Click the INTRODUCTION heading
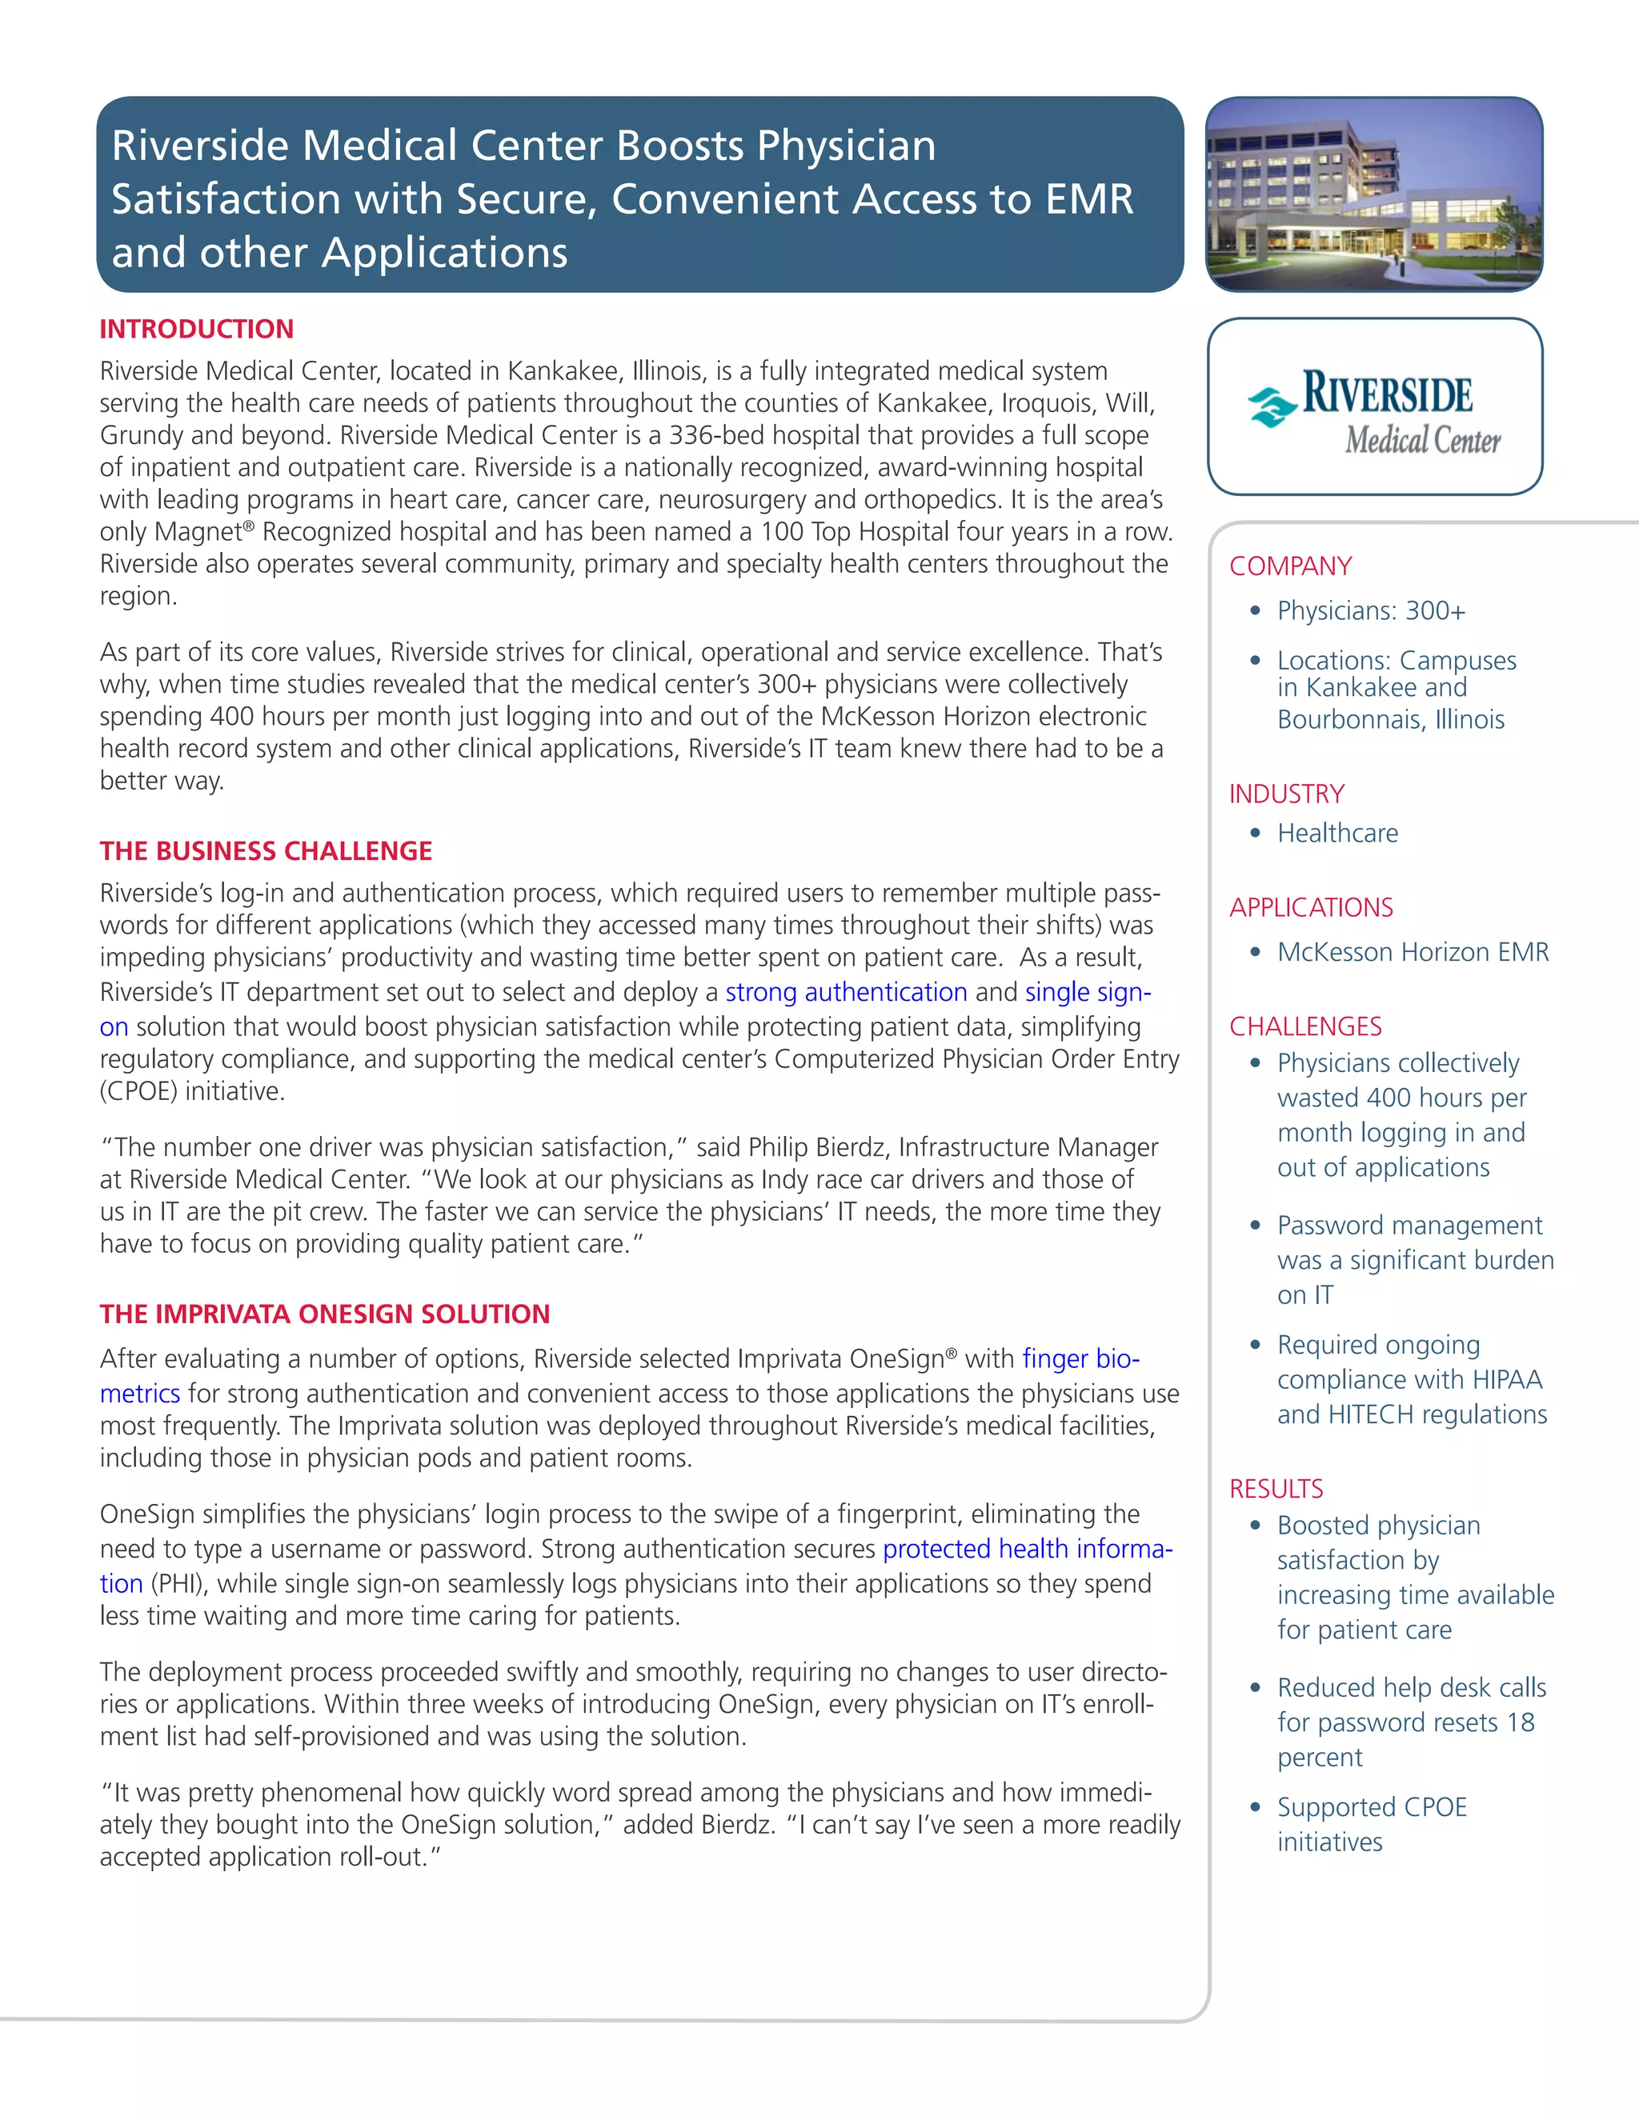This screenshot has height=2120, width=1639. click(196, 329)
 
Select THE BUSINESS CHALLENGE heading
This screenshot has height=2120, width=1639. click(265, 851)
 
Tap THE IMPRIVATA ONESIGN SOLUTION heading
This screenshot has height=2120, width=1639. click(324, 1314)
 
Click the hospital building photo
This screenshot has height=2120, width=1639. click(1373, 194)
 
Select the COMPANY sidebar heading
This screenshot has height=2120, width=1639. click(1290, 566)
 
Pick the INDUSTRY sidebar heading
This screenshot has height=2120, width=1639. click(1287, 794)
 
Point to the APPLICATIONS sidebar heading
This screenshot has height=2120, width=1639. click(1311, 908)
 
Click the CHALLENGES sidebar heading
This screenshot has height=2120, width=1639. click(1305, 1026)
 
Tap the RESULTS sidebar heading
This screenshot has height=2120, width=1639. click(1276, 1489)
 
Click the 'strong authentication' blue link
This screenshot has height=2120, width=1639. click(846, 992)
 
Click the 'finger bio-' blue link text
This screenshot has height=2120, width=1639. click(1080, 1359)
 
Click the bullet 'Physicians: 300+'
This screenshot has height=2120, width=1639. click(1370, 610)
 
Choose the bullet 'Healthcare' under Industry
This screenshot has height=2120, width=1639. click(1337, 833)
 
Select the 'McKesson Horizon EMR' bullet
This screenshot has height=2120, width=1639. click(1412, 952)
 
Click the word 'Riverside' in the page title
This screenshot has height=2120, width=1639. click(201, 146)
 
